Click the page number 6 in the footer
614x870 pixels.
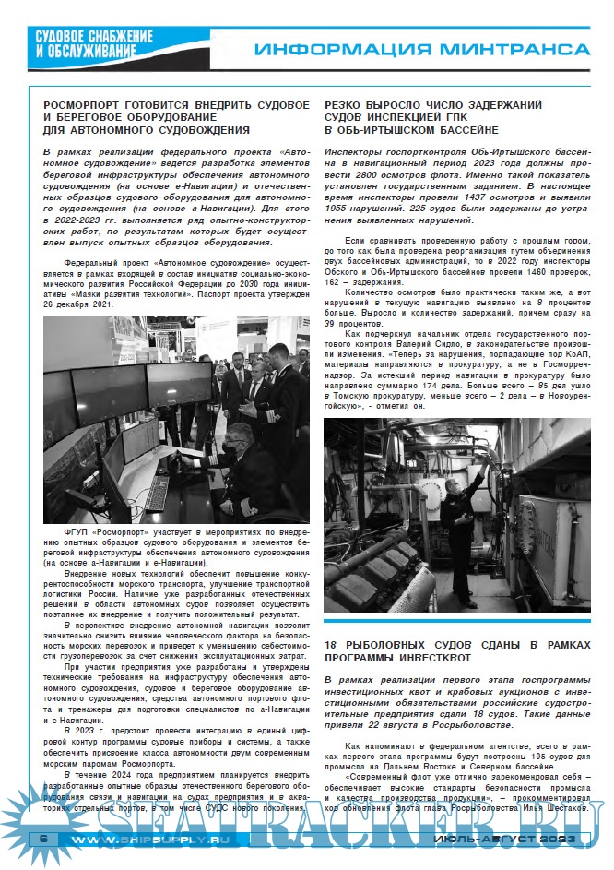pos(42,839)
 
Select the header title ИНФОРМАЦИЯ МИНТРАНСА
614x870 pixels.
pos(420,48)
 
